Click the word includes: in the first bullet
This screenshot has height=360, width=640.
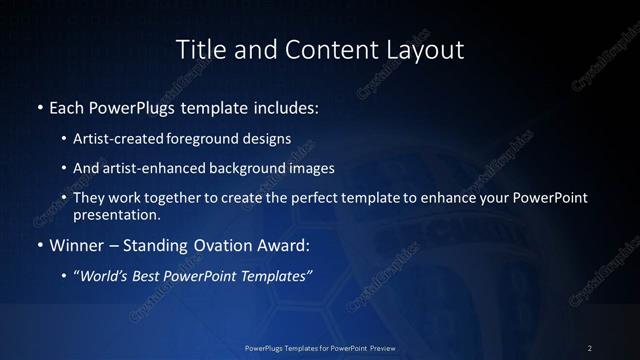coord(283,106)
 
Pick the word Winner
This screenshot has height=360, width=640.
coord(77,244)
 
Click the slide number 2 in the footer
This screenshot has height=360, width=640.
coord(590,347)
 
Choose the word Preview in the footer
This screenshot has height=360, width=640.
coord(379,347)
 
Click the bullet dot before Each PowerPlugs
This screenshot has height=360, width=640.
coord(39,106)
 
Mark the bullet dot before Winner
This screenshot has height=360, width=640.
coord(39,244)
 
